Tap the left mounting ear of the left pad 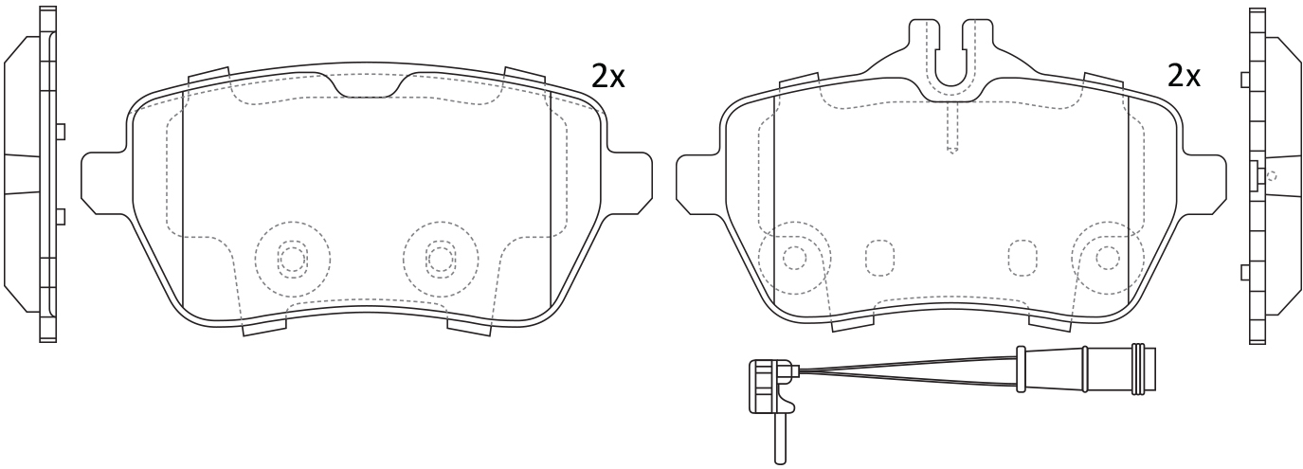(104, 183)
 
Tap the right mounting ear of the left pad (629, 183)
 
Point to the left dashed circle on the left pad (292, 259)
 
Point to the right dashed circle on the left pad (441, 259)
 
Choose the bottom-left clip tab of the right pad (854, 323)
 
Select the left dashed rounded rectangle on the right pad (879, 258)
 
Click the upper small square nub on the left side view (61, 132)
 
